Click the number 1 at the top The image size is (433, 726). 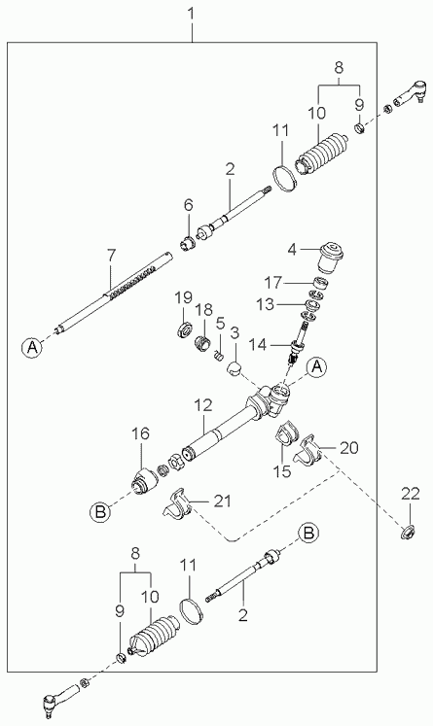coord(192,14)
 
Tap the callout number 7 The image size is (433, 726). coord(112,255)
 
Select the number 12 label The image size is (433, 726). coord(203,405)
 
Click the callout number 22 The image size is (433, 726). coord(411,494)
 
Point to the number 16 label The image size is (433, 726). coord(140,433)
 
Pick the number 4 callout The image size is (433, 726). coord(292,250)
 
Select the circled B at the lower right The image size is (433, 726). coord(308,533)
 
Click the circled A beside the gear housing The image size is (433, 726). coord(317,367)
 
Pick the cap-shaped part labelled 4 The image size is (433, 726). coord(332,256)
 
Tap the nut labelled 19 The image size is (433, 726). coord(185,328)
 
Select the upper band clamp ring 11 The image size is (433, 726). coord(284,178)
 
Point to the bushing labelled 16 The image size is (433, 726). coord(144,481)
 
